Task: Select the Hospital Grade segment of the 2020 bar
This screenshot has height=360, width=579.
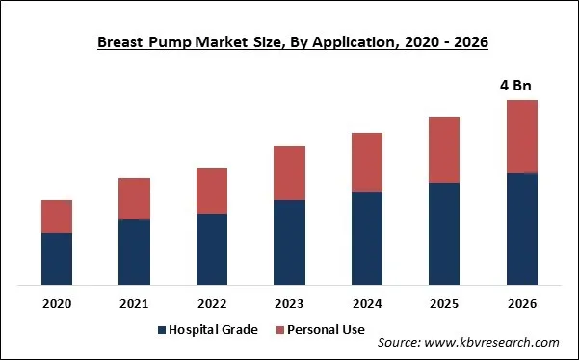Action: (x=57, y=259)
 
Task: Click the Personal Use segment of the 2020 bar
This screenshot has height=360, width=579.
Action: (x=57, y=217)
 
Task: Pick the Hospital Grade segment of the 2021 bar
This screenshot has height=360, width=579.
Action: (x=134, y=252)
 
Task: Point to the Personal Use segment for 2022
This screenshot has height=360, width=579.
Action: (x=212, y=191)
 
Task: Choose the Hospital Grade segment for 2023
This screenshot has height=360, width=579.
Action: (x=289, y=243)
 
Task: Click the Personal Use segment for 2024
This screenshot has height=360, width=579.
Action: (x=367, y=162)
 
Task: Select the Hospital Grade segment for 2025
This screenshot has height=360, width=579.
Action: (x=444, y=234)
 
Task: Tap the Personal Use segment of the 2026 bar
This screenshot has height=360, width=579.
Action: (x=521, y=137)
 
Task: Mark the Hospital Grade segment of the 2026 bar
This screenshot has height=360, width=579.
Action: (x=521, y=229)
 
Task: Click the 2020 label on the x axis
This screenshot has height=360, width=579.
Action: (x=57, y=304)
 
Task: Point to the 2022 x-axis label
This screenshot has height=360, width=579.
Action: (x=212, y=304)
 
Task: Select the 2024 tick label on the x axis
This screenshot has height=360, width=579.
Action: (x=367, y=304)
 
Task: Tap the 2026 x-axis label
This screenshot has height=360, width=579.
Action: (x=521, y=304)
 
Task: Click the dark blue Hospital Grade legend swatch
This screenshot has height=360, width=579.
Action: (x=161, y=330)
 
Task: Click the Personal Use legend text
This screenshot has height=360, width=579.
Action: (x=326, y=330)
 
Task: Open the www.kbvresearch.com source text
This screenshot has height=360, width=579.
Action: (x=495, y=343)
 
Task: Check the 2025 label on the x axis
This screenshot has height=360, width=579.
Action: (x=444, y=304)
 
